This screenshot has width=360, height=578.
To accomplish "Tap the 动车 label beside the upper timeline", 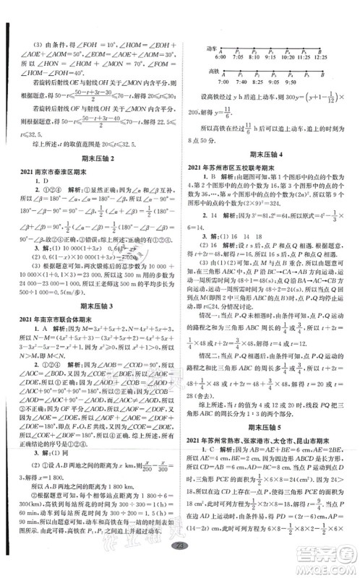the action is coord(213,48).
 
